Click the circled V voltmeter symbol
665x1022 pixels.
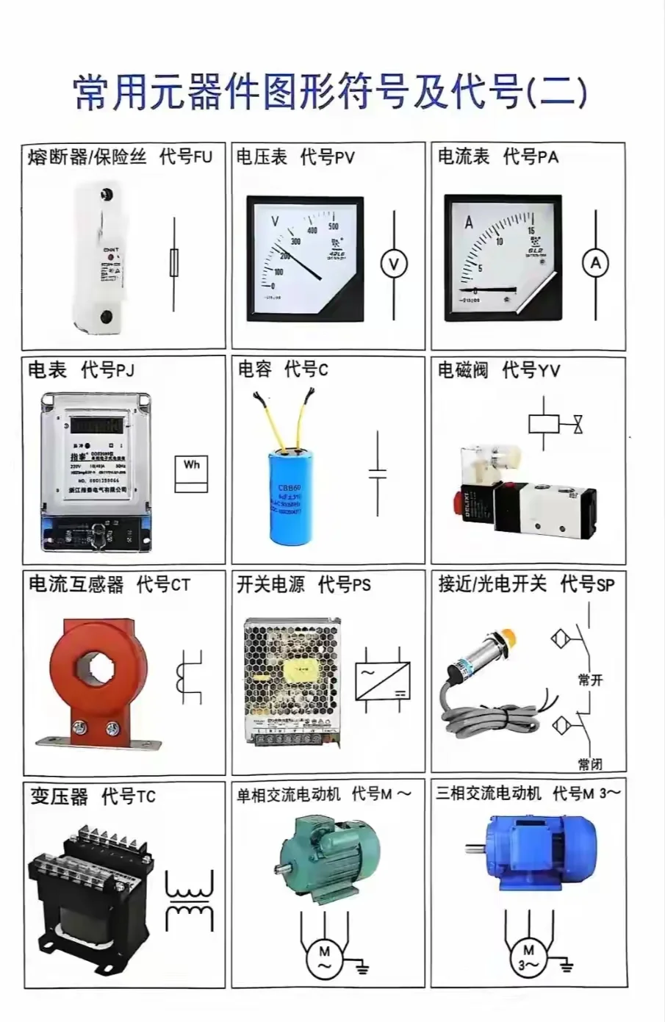click(394, 264)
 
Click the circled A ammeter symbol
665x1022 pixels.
click(595, 263)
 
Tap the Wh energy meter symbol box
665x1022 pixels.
click(192, 474)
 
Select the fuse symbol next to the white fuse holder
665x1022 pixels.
click(174, 262)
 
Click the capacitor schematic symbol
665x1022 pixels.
click(377, 472)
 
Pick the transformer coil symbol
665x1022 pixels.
click(190, 902)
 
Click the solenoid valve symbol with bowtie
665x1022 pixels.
click(556, 424)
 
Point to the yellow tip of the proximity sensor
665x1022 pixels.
click(506, 636)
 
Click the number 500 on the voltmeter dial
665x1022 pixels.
click(333, 226)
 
